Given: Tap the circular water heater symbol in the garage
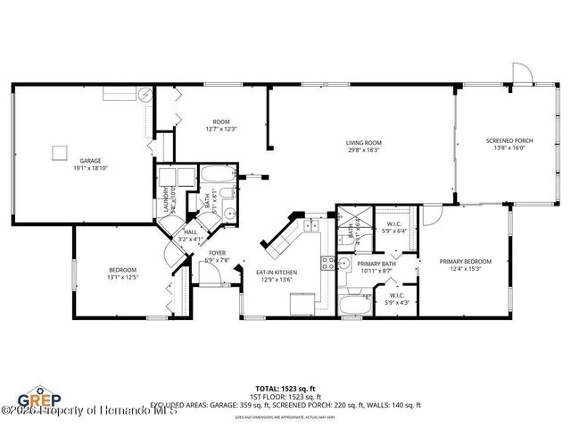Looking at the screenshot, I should pyautogui.click(x=145, y=94).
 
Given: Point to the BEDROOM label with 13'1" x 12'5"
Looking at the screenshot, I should pyautogui.click(x=123, y=270).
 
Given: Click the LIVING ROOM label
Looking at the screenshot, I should pyautogui.click(x=364, y=143).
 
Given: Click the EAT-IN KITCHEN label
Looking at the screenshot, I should pyautogui.click(x=277, y=273).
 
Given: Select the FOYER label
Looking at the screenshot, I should pyautogui.click(x=217, y=253).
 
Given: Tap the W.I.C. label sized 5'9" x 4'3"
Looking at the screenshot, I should pyautogui.click(x=397, y=295).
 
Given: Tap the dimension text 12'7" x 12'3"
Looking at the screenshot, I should pyautogui.click(x=221, y=129).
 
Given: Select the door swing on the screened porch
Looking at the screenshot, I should pyautogui.click(x=520, y=73).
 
